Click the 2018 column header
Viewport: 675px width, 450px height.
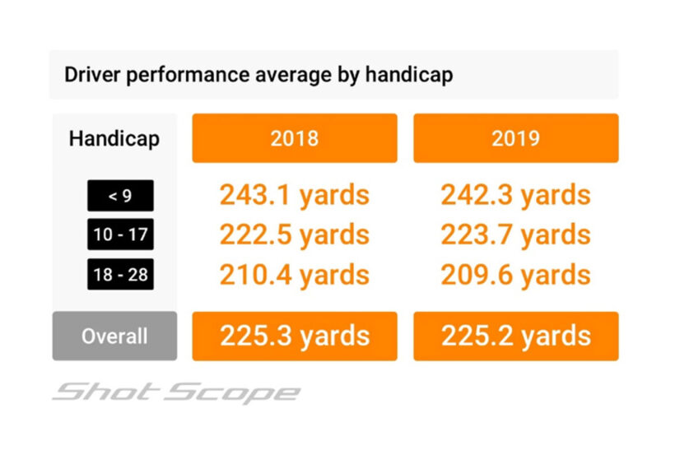[294, 138]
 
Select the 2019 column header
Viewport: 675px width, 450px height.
[515, 138]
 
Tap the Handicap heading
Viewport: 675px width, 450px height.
[114, 138]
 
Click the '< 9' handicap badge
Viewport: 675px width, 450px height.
[120, 196]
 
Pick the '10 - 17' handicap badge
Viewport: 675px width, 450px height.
[120, 234]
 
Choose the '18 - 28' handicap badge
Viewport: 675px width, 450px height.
[120, 274]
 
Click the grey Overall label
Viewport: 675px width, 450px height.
[114, 336]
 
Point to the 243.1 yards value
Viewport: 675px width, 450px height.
[294, 195]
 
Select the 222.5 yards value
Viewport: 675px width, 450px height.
[294, 234]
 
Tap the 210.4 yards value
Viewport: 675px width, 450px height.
[294, 274]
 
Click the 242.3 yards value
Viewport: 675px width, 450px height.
[515, 195]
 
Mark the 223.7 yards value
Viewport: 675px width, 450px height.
[515, 234]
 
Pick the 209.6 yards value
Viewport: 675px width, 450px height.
[515, 274]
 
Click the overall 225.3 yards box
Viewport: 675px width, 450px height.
[294, 336]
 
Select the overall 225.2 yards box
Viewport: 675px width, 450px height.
[515, 336]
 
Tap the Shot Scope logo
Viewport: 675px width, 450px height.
[176, 392]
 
